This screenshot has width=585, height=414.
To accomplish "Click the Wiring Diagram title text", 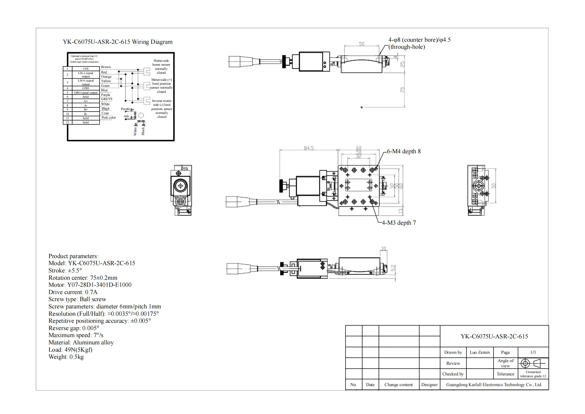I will pos(118,42).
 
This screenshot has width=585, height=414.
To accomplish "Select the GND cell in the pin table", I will pos(85,88).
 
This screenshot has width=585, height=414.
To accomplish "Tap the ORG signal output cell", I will pos(85,93).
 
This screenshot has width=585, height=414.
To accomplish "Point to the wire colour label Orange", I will pos(106,77).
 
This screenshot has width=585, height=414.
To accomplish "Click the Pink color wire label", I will pos(108,118).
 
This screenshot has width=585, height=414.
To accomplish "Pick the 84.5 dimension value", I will pos(309,148).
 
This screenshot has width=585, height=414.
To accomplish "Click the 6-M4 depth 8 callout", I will pos(404,151).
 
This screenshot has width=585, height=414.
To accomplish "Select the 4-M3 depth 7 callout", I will pos(399,223).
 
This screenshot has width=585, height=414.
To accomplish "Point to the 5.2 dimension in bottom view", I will pos(393,268).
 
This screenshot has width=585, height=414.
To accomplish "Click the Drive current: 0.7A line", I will pos(73,292).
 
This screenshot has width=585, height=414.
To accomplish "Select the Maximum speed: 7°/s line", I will pos(76,335).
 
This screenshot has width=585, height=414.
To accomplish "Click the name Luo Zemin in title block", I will pos(479,352).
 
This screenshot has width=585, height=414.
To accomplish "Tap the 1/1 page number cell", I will pos(533,352).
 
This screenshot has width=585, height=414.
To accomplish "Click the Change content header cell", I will pos(398,385).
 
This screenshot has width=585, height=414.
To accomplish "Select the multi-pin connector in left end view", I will pos(180,202).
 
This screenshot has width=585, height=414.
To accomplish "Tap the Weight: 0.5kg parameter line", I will pos(66,357).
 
